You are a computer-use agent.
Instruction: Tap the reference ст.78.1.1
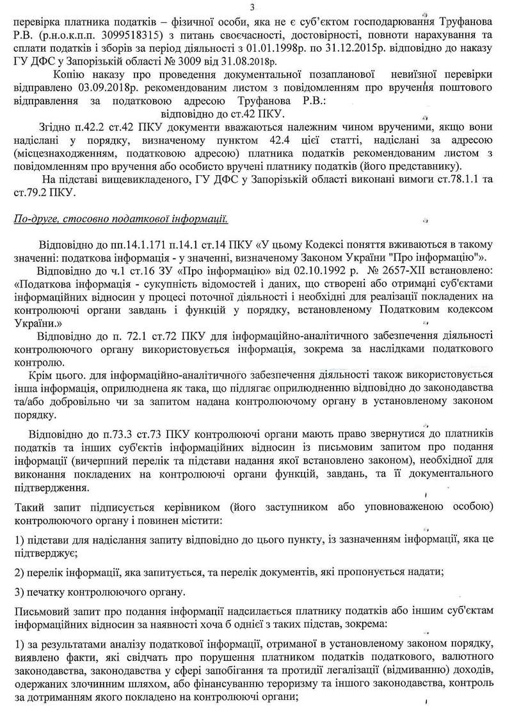click(x=458, y=180)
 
